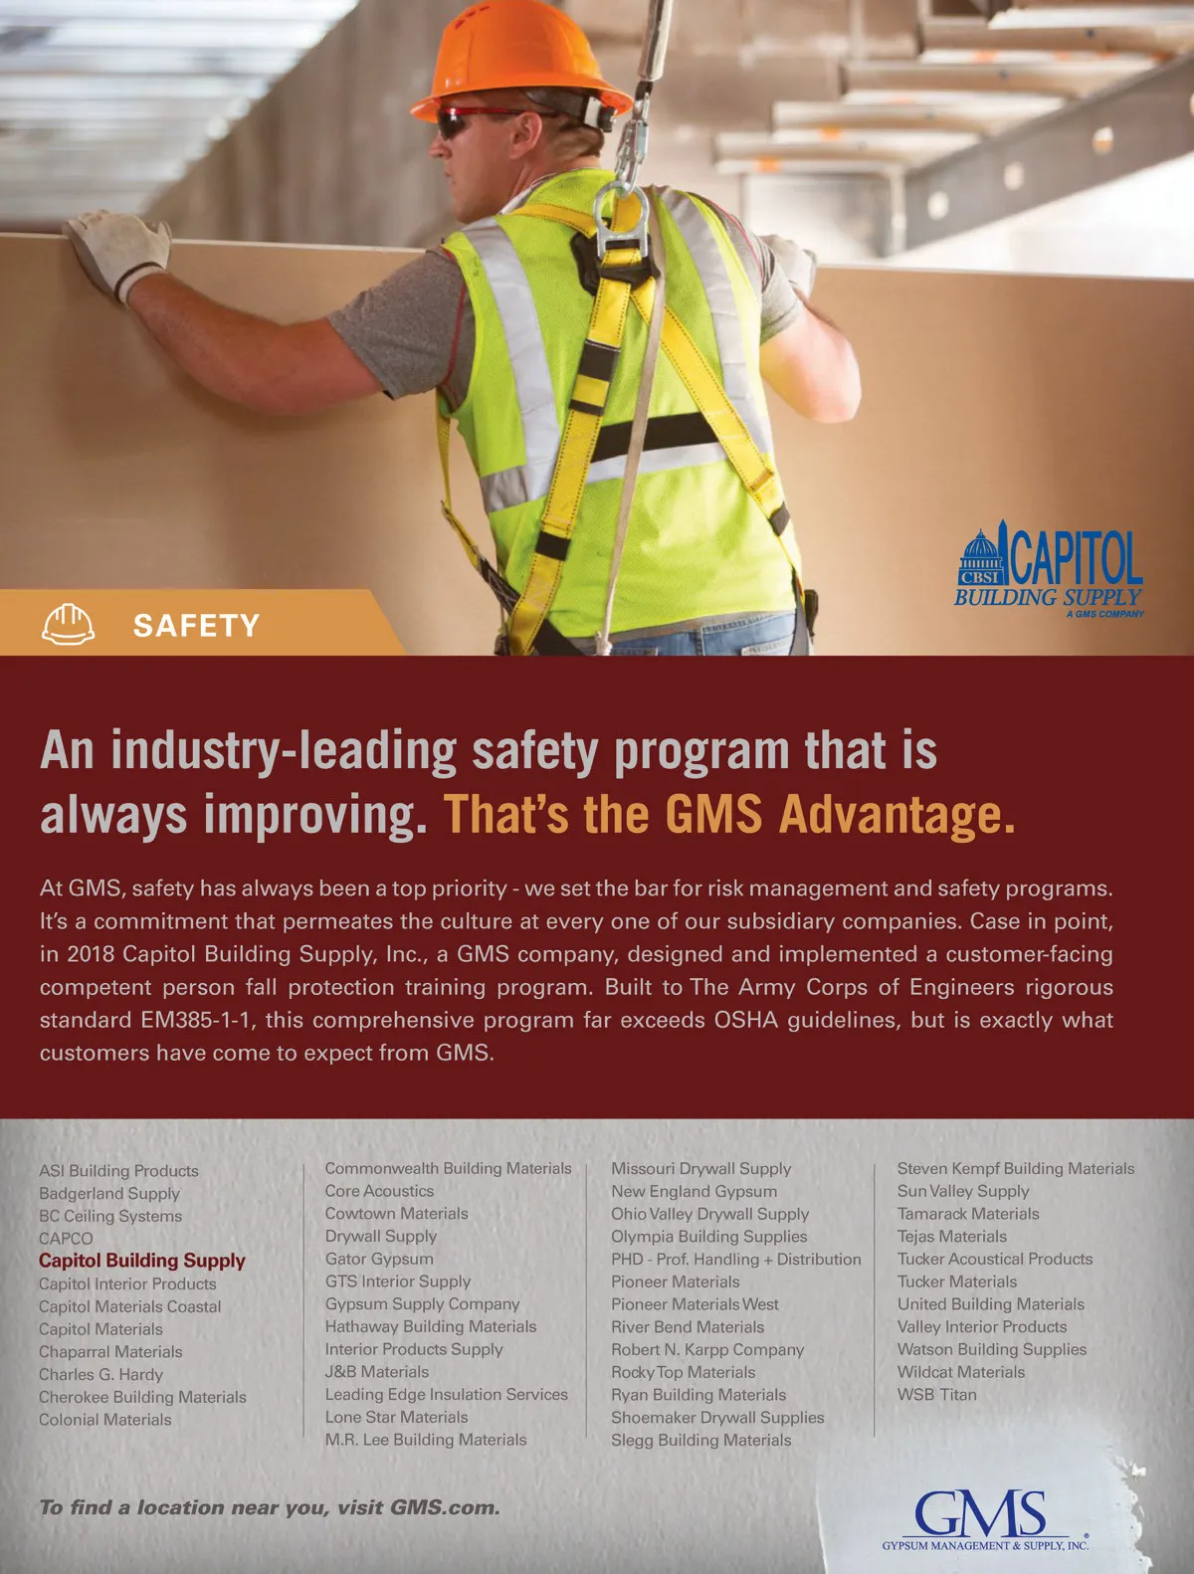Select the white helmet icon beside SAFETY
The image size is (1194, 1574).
click(x=69, y=625)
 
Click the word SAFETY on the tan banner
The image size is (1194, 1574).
click(x=196, y=626)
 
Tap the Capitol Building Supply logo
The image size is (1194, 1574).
click(x=1050, y=573)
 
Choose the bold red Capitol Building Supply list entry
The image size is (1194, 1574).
click(x=142, y=1261)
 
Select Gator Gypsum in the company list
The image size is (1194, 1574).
click(x=379, y=1259)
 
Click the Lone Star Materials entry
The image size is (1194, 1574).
click(x=396, y=1417)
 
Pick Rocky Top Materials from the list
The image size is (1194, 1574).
click(x=683, y=1372)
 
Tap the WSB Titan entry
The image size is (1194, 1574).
click(x=936, y=1395)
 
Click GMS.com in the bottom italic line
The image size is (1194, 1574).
click(x=444, y=1507)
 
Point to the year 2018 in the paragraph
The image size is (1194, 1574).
click(x=92, y=954)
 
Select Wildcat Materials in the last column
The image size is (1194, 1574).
click(x=960, y=1372)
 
